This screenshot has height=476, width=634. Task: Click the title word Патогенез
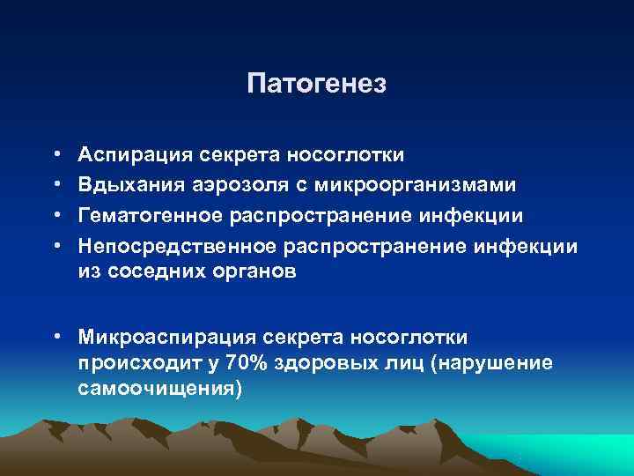coord(316,85)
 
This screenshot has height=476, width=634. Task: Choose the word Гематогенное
coord(150,215)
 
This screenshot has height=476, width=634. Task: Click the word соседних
coord(156,271)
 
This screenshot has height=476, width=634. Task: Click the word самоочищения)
coord(158,390)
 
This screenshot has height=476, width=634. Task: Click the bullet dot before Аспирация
coord(55,156)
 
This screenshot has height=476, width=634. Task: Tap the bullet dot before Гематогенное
coord(55,216)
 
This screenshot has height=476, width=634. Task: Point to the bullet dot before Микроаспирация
coord(55,338)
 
